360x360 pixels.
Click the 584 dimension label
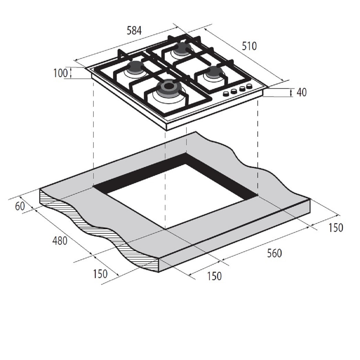(x=134, y=31)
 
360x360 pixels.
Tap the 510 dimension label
(x=249, y=46)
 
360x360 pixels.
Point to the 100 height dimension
(x=60, y=73)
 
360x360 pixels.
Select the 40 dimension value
(x=301, y=92)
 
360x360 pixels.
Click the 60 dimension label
(x=20, y=206)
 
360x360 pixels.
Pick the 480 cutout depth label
(x=60, y=241)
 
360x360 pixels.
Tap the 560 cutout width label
(x=274, y=253)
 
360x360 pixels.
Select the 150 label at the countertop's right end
(x=336, y=227)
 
